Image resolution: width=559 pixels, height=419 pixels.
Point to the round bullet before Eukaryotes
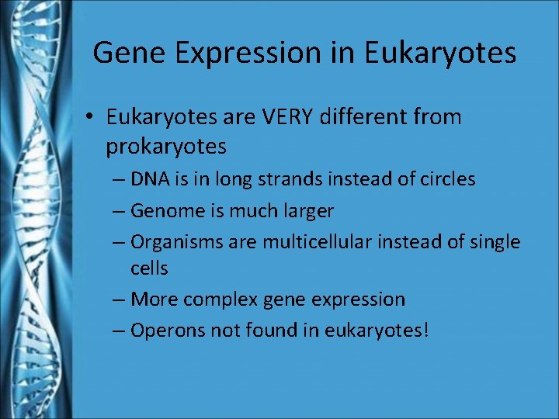pyautogui.click(x=91, y=118)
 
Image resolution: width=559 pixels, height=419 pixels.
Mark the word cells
pyautogui.click(x=149, y=268)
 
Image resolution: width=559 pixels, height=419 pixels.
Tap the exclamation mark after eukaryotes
pyautogui.click(x=425, y=331)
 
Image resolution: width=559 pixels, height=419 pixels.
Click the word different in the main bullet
pyautogui.click(x=370, y=117)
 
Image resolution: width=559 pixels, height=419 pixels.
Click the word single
pyautogui.click(x=495, y=242)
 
